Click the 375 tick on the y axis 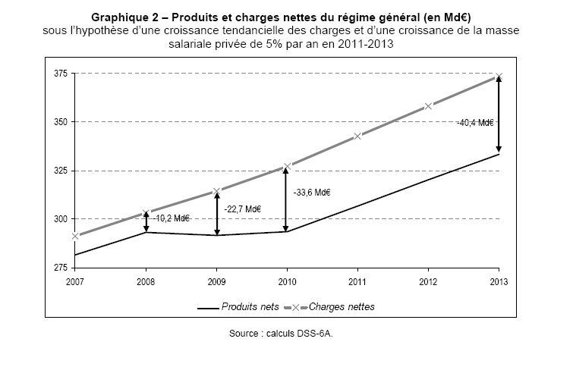click(60, 74)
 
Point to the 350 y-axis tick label click(60, 122)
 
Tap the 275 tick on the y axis click(60, 268)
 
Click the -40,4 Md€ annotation click(475, 121)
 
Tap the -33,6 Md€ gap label click(312, 193)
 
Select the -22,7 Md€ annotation click(243, 209)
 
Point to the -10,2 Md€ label click(171, 218)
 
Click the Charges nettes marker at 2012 click(428, 106)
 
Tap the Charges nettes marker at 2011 click(357, 136)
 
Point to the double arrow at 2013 click(499, 114)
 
